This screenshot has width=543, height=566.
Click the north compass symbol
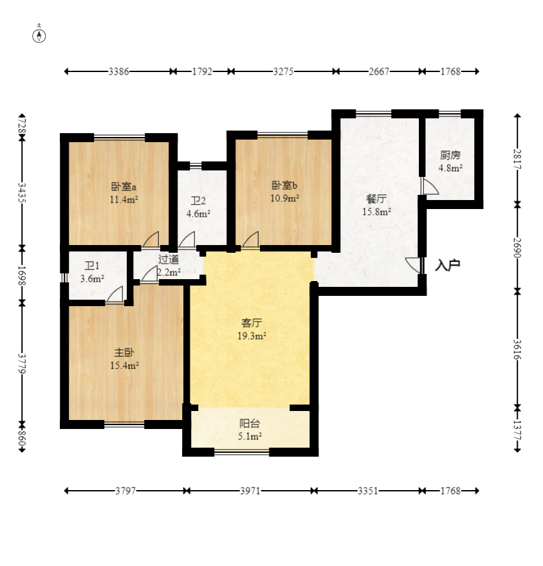pyautogui.click(x=39, y=36)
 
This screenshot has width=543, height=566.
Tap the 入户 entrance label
pyautogui.click(x=447, y=265)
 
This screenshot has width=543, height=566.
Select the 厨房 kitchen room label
pyautogui.click(x=450, y=155)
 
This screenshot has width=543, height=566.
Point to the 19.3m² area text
pyautogui.click(x=252, y=336)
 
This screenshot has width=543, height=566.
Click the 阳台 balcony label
pyautogui.click(x=250, y=423)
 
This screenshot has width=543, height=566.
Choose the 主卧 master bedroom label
pyautogui.click(x=124, y=352)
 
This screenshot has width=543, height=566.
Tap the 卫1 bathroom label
pyautogui.click(x=92, y=266)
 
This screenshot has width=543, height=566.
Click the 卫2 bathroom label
pyautogui.click(x=198, y=201)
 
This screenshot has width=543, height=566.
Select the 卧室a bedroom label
pyautogui.click(x=124, y=187)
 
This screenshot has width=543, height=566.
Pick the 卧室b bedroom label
pyautogui.click(x=284, y=185)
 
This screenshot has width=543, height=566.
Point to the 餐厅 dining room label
pyautogui.click(x=376, y=199)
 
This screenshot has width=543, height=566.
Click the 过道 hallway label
pyautogui.click(x=169, y=259)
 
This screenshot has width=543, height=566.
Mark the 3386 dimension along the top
pyautogui.click(x=119, y=71)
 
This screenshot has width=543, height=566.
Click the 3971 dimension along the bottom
pyautogui.click(x=250, y=491)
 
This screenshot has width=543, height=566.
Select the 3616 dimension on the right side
pyautogui.click(x=517, y=349)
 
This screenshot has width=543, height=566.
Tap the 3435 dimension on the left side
pyautogui.click(x=22, y=193)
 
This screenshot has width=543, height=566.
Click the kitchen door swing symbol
pyautogui.click(x=430, y=186)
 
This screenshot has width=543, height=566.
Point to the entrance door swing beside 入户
pyautogui.click(x=414, y=265)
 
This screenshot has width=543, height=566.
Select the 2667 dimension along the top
pyautogui.click(x=379, y=71)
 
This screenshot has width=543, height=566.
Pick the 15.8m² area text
pyautogui.click(x=376, y=212)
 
